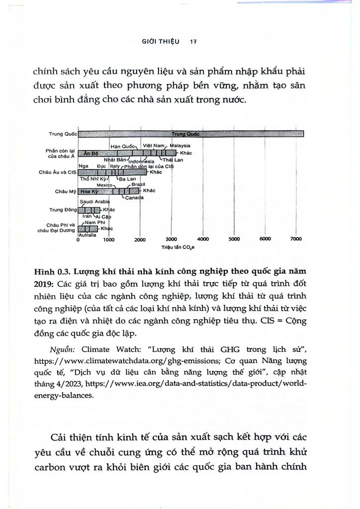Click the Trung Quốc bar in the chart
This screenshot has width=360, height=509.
(x=191, y=134)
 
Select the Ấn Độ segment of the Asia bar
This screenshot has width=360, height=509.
(x=90, y=153)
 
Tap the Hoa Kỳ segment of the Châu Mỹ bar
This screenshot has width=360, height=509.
(x=90, y=191)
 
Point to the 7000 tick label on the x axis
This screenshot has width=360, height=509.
(x=296, y=239)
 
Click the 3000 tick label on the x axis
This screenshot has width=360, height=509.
(x=171, y=239)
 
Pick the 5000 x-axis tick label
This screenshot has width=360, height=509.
(x=234, y=239)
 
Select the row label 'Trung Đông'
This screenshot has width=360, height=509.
(x=63, y=210)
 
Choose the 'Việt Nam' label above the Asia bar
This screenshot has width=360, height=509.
(x=153, y=145)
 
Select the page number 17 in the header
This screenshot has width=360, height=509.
(x=194, y=43)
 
